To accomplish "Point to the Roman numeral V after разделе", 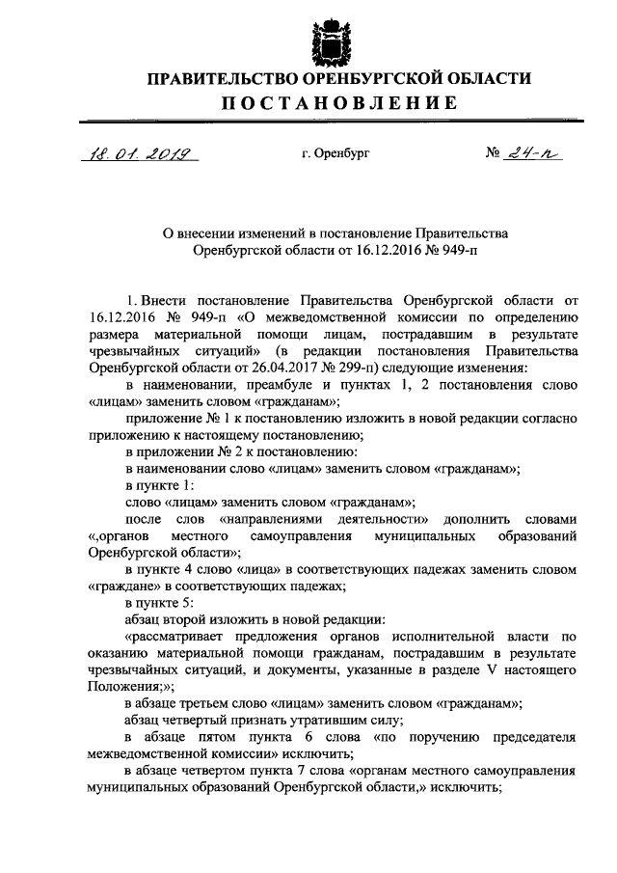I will [x=492, y=669].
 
